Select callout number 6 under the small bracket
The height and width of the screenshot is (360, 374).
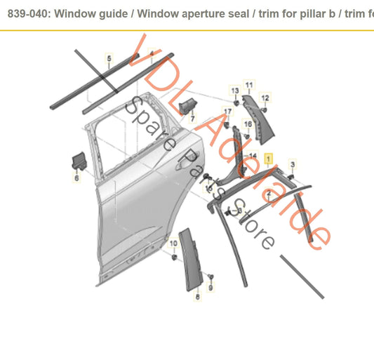(76, 179)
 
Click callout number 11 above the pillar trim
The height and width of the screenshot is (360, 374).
(248, 85)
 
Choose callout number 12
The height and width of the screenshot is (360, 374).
(265, 98)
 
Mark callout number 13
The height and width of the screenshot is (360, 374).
(235, 91)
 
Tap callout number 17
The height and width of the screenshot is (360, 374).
(227, 111)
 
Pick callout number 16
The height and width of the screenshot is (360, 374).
(246, 124)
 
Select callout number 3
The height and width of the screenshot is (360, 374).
(293, 164)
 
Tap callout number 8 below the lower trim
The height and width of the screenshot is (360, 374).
(197, 298)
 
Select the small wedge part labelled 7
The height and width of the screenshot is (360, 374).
(187, 105)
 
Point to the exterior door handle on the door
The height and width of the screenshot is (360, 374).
(188, 152)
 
